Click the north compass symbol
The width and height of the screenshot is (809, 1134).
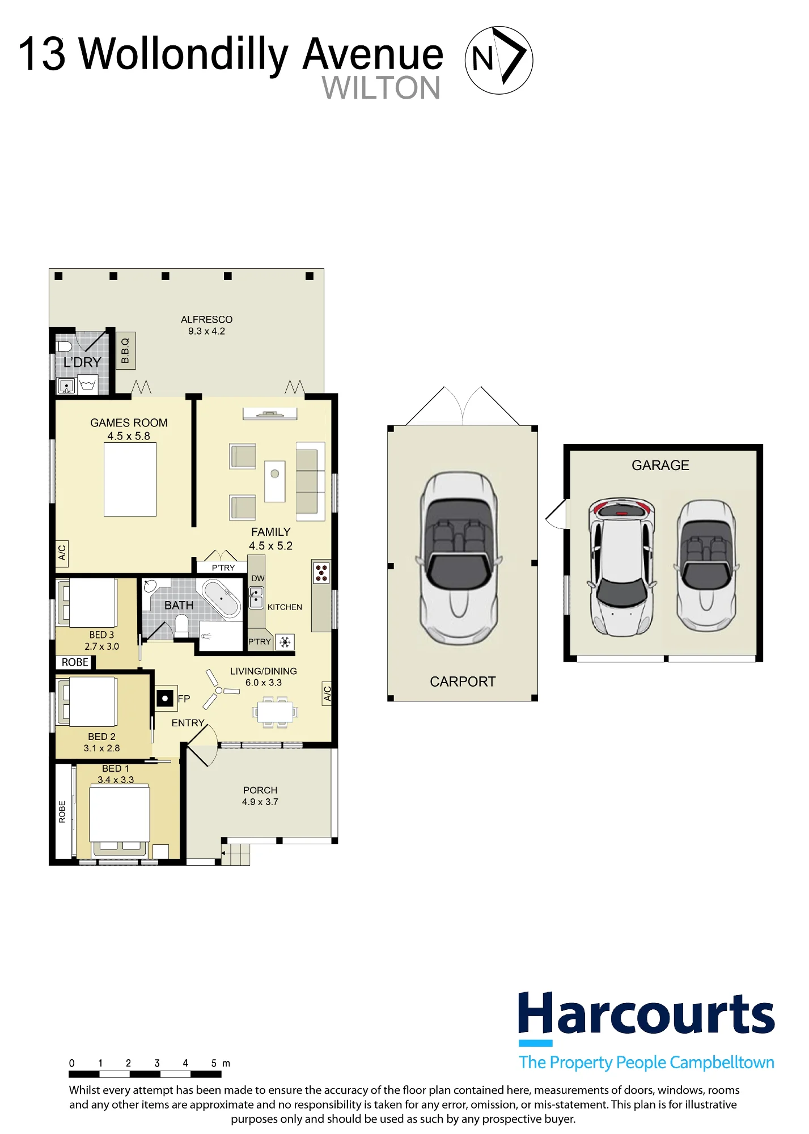click(x=499, y=60)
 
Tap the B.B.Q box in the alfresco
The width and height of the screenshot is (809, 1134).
click(x=126, y=350)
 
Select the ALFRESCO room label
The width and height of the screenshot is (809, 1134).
click(x=206, y=319)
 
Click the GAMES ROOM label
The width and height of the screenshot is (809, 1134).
click(x=129, y=422)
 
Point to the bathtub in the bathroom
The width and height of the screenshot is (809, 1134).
click(x=222, y=598)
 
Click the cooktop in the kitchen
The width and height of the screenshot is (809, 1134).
click(x=321, y=573)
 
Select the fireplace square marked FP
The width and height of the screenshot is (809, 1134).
click(x=165, y=699)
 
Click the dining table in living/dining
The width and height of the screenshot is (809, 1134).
click(x=275, y=712)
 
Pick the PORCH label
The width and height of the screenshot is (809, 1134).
click(x=260, y=790)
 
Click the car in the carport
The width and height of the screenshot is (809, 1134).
click(x=459, y=558)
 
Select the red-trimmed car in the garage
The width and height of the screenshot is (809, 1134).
click(x=622, y=567)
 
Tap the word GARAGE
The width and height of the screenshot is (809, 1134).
click(x=660, y=465)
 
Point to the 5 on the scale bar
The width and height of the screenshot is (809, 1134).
click(x=214, y=1063)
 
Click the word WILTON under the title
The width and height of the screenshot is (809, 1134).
click(x=381, y=88)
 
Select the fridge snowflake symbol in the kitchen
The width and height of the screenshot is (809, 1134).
click(x=285, y=642)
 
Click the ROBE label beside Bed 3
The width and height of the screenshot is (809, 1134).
click(x=75, y=662)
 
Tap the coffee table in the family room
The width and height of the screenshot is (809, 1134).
click(x=275, y=481)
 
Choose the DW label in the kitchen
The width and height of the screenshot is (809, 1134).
click(x=258, y=578)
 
